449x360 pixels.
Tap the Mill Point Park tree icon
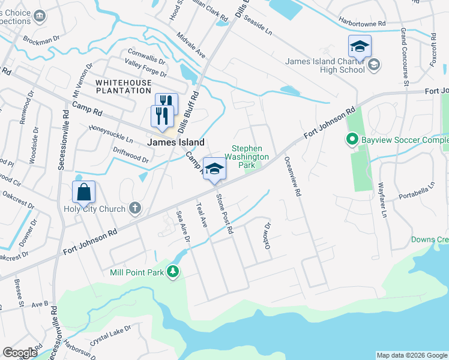point(173,272)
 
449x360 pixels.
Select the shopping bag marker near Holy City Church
point(83,192)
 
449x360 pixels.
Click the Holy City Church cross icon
point(136,208)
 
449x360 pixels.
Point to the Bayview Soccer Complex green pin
point(352,140)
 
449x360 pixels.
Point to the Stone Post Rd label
point(224,212)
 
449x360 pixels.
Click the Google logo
point(19,353)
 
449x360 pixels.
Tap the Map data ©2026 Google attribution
point(411,355)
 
